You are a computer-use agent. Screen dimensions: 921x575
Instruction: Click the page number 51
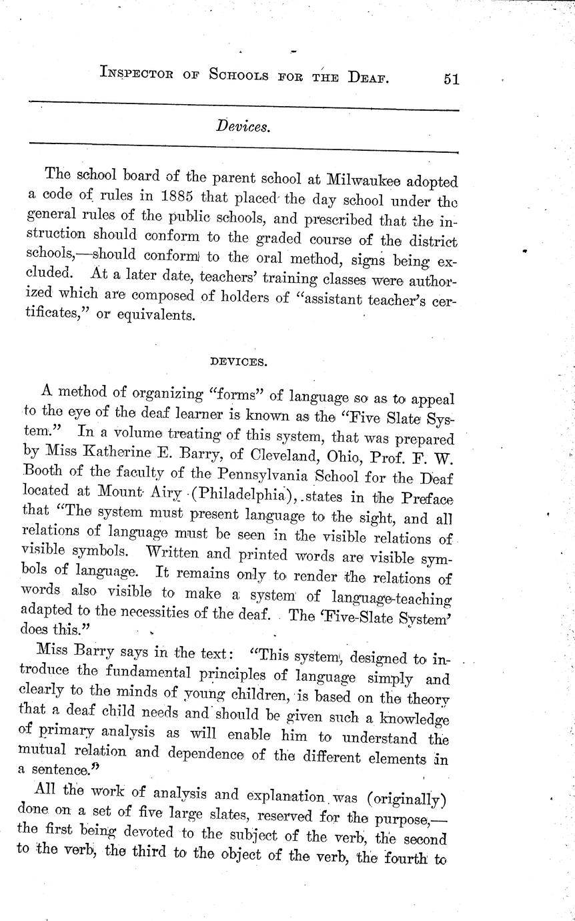click(450, 79)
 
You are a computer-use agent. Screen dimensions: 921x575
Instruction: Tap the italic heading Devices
click(243, 126)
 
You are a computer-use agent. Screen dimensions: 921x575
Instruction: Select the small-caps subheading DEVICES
click(238, 362)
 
